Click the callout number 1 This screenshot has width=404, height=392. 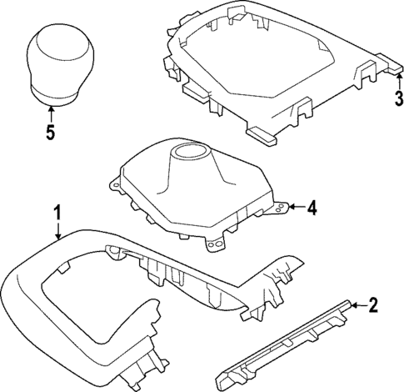coord(57,214)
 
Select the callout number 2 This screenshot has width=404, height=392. coord(373,305)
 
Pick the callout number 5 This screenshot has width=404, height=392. coord(51,131)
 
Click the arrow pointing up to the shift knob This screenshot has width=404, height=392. coord(51,111)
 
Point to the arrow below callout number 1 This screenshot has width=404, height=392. coord(57,234)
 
